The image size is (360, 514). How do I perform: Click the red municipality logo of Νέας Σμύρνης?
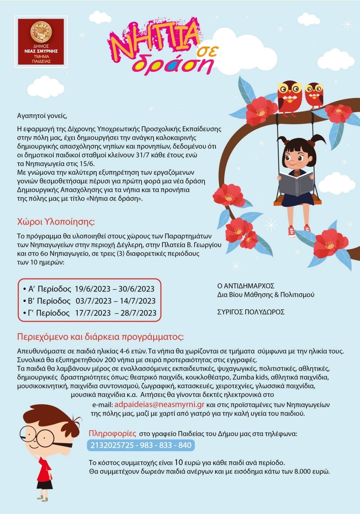[x=41, y=41]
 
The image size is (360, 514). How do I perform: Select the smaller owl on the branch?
[x=314, y=95]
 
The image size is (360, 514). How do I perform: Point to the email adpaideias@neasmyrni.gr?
[x=159, y=404]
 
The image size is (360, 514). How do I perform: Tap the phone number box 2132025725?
[x=141, y=445]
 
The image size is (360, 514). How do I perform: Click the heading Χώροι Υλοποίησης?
[x=56, y=222]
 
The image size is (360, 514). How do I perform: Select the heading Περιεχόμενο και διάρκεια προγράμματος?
[x=100, y=337]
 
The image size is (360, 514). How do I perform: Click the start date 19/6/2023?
[x=92, y=289]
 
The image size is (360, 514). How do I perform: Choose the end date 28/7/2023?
[x=138, y=313]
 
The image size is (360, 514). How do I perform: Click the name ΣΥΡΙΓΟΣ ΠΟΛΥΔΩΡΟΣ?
[x=251, y=312]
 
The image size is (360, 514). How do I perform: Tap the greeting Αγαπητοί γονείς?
[x=42, y=116]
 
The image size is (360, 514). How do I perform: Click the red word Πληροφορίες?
[x=112, y=433]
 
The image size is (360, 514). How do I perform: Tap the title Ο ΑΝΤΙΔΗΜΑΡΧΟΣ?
[x=246, y=286]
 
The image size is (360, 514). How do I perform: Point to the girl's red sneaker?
[x=292, y=232]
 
